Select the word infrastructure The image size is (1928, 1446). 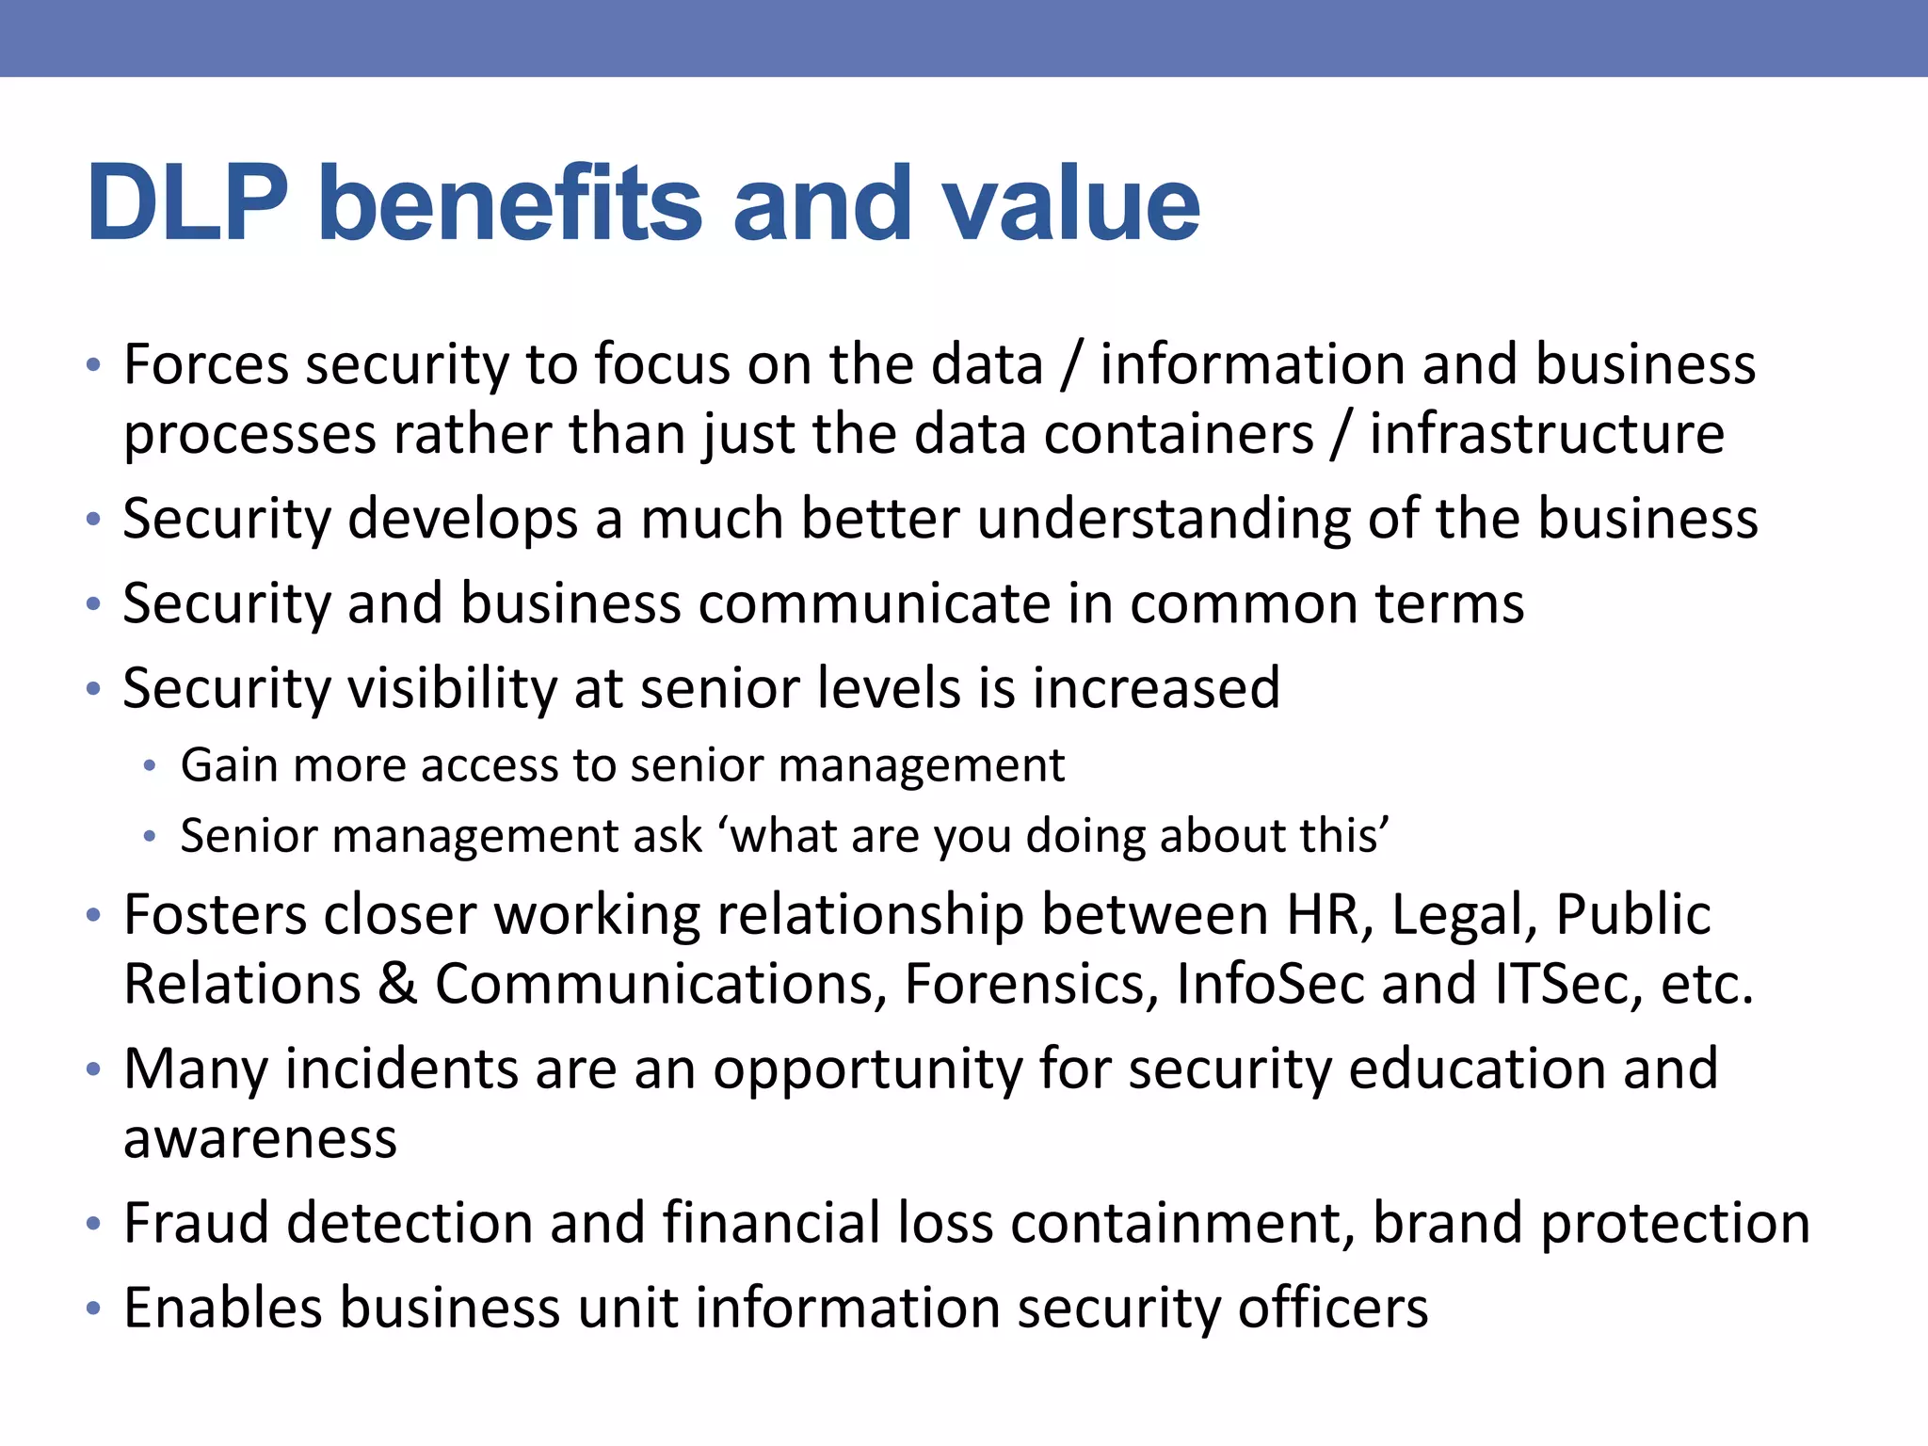pos(1547,434)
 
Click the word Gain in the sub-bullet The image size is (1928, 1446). pos(229,764)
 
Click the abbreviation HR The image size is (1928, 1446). pos(1326,914)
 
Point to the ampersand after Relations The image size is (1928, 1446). pos(397,985)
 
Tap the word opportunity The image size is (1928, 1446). pos(867,1070)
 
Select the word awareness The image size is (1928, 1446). pos(261,1139)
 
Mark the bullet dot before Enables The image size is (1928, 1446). pos(92,1309)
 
